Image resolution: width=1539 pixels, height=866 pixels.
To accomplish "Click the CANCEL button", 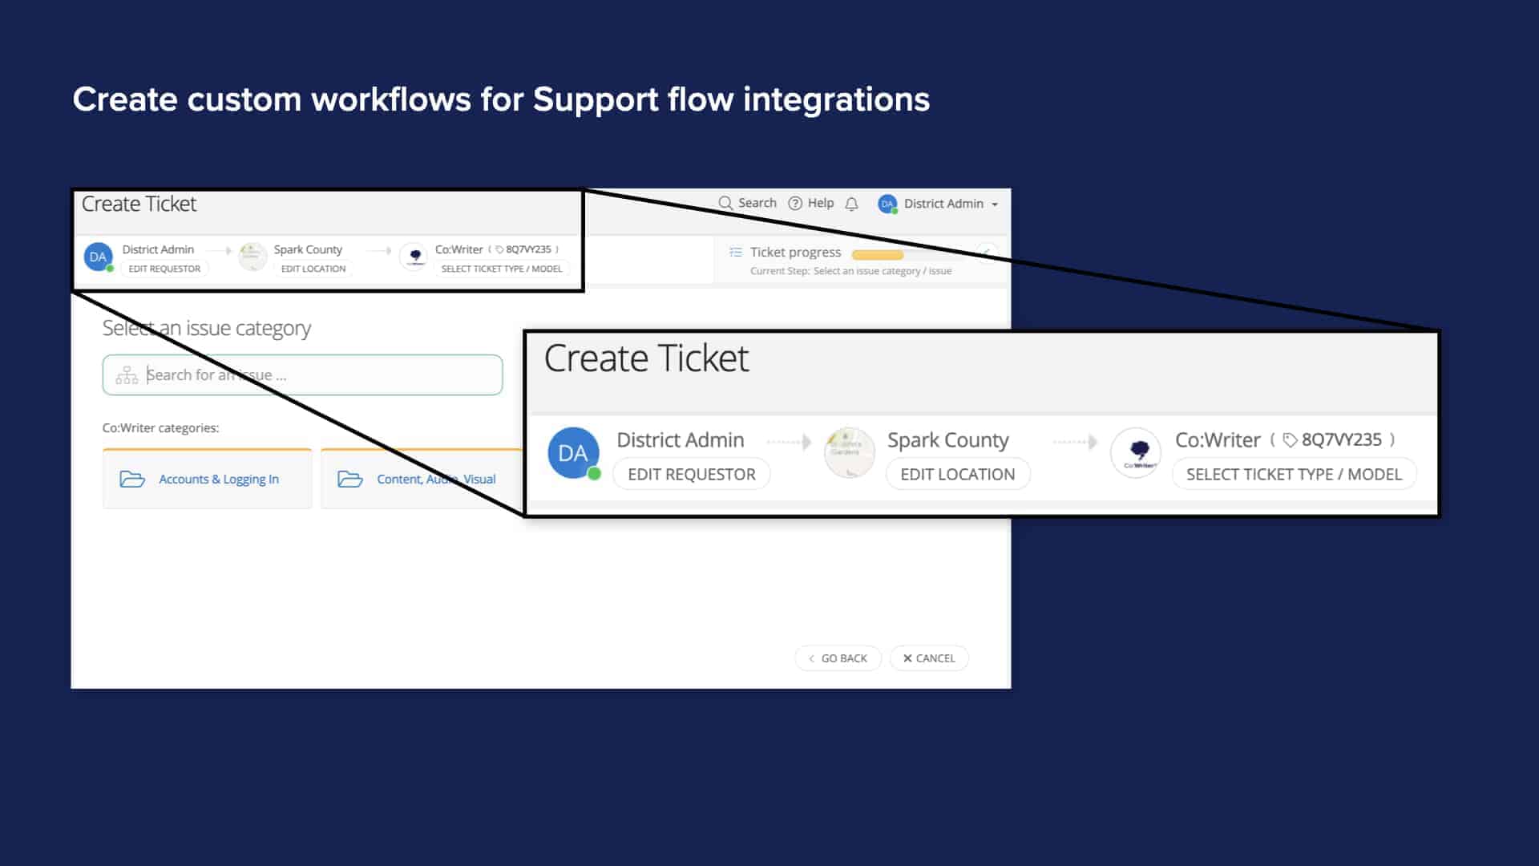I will pyautogui.click(x=929, y=658).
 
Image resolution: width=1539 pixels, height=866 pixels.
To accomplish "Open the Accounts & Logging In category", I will pyautogui.click(x=208, y=480).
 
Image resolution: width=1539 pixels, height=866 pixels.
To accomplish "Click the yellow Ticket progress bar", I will pyautogui.click(x=878, y=255).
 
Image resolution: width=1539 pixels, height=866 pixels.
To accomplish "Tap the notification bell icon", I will pyautogui.click(x=851, y=204).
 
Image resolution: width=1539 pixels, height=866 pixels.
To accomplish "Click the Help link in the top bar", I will pyautogui.click(x=811, y=204).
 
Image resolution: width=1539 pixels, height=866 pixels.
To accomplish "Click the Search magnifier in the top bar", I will pyautogui.click(x=726, y=204).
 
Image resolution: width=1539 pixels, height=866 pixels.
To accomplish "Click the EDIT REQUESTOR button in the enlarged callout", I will pyautogui.click(x=691, y=474).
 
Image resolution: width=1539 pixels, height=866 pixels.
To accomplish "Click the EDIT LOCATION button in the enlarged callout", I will pyautogui.click(x=957, y=474).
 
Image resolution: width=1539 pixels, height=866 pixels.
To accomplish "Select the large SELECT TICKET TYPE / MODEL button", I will pyautogui.click(x=1294, y=474).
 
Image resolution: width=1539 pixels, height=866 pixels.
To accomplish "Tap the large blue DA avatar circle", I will pyautogui.click(x=573, y=453).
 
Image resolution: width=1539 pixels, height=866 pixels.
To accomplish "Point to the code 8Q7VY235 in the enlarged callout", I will pyautogui.click(x=1341, y=439).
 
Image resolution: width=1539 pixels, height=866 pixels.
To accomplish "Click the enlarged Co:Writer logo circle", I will pyautogui.click(x=1136, y=453).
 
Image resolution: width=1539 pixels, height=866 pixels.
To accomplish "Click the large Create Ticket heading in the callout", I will pyautogui.click(x=646, y=358).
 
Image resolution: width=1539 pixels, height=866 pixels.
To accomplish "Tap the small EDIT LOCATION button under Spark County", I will pyautogui.click(x=313, y=269).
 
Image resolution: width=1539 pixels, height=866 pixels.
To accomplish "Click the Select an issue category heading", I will pyautogui.click(x=206, y=328).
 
